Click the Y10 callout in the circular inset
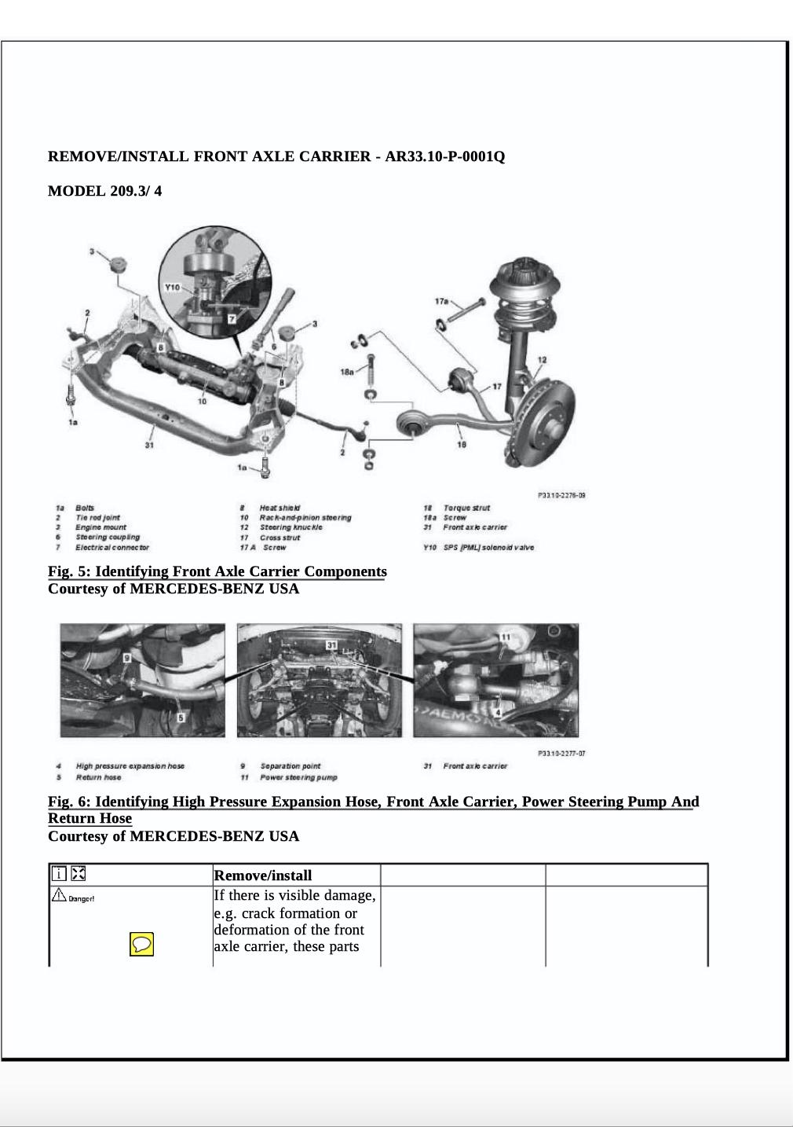coord(172,288)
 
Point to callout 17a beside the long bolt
coord(441,301)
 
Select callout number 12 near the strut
coord(542,360)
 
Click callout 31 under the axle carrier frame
coord(149,446)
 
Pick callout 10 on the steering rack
coord(202,401)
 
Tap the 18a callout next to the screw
coord(347,371)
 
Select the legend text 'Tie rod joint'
coord(97,518)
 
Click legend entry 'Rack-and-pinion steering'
coord(305,518)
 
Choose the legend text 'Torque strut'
coord(466,508)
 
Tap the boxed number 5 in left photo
coord(181,718)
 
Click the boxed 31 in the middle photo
coord(332,645)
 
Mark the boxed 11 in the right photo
coord(506,636)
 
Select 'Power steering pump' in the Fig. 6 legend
coord(298,777)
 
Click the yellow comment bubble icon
coord(141,944)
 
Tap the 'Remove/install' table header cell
coord(263,876)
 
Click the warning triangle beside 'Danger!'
coord(59,895)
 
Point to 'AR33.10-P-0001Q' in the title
coord(444,156)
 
